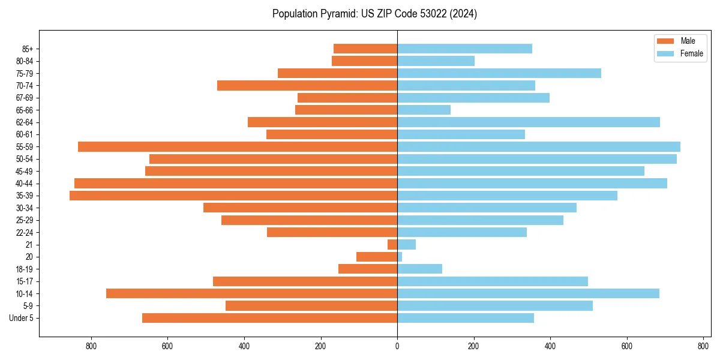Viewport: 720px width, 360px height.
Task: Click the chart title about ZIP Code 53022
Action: pos(374,14)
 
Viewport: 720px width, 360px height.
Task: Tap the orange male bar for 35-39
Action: pos(233,196)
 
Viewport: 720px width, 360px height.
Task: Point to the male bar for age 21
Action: pos(392,244)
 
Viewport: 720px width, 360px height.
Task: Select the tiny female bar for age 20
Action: pos(400,257)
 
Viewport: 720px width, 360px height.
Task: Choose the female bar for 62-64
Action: pos(528,122)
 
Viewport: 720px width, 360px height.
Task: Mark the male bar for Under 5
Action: pos(269,318)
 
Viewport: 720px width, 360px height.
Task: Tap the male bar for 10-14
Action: pos(251,293)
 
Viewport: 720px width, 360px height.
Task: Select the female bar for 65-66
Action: pos(424,110)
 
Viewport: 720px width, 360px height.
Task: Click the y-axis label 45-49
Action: pos(25,171)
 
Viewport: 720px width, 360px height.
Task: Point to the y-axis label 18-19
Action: pos(25,269)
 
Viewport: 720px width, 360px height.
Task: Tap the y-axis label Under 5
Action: pos(22,318)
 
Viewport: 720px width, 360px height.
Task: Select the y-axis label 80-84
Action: pos(25,61)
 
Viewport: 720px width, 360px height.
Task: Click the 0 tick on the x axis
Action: pos(397,346)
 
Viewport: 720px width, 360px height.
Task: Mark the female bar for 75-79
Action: pos(499,73)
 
